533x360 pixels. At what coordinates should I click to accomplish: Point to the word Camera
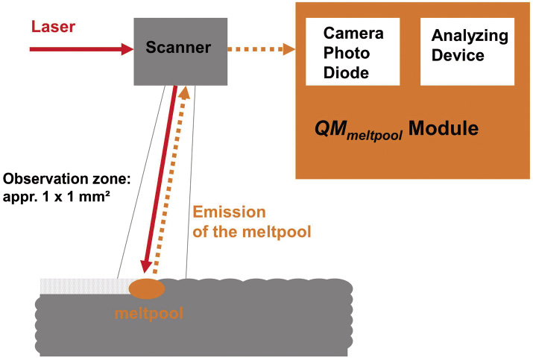click(x=353, y=34)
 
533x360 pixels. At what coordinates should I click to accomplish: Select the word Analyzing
click(x=470, y=36)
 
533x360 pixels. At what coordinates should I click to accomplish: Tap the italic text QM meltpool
click(x=357, y=130)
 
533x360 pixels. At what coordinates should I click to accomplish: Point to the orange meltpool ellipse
click(x=147, y=288)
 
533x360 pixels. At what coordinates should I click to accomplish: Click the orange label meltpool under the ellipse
click(x=148, y=313)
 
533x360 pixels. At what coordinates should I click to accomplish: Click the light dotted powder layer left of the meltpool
click(x=82, y=286)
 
